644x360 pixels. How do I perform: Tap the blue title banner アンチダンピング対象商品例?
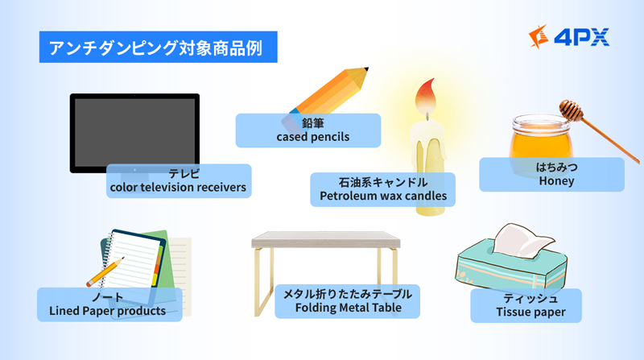click(158, 47)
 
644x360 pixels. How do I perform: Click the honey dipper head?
click(571, 110)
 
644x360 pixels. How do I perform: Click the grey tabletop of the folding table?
click(326, 239)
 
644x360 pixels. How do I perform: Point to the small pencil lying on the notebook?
click(105, 271)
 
